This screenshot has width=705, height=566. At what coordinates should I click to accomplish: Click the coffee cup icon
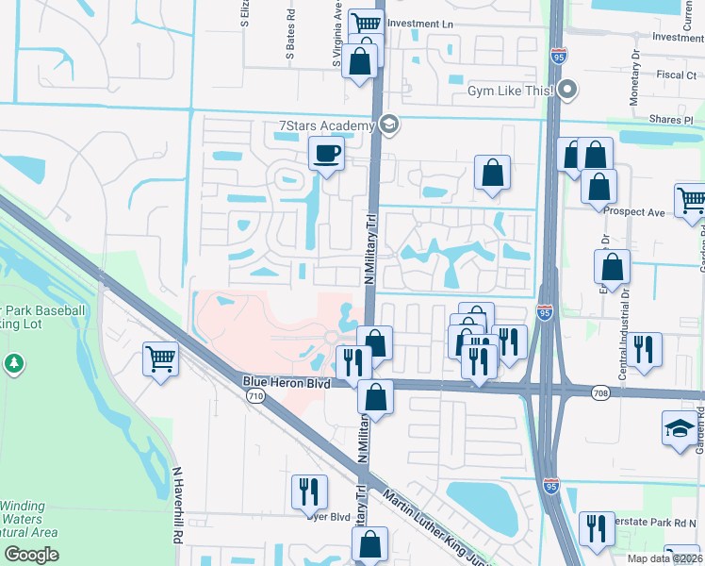[327, 153]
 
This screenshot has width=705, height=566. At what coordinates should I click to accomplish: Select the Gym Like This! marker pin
[567, 92]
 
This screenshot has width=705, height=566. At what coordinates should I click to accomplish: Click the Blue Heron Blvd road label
[286, 381]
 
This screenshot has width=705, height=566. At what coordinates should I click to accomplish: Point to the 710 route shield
[255, 399]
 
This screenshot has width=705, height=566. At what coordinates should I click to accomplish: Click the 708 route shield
[600, 392]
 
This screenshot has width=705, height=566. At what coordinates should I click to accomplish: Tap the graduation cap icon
[680, 429]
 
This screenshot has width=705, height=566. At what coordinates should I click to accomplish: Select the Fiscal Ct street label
[676, 74]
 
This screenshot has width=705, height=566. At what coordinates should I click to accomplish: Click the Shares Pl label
[670, 120]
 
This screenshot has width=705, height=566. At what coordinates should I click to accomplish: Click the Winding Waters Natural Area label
[28, 519]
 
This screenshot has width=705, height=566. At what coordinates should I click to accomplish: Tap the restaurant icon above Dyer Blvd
[308, 491]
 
